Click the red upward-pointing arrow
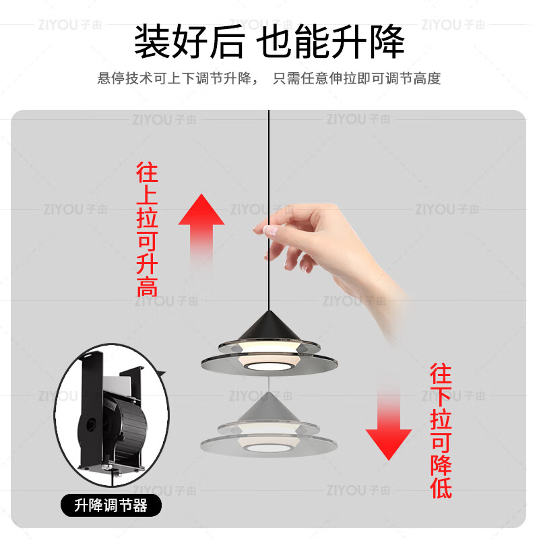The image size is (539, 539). pyautogui.click(x=201, y=226)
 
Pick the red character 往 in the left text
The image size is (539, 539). pyautogui.click(x=147, y=172)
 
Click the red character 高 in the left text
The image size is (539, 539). pyautogui.click(x=147, y=286)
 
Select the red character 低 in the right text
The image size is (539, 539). pyautogui.click(x=441, y=488)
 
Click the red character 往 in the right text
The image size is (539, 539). pyautogui.click(x=441, y=374)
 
